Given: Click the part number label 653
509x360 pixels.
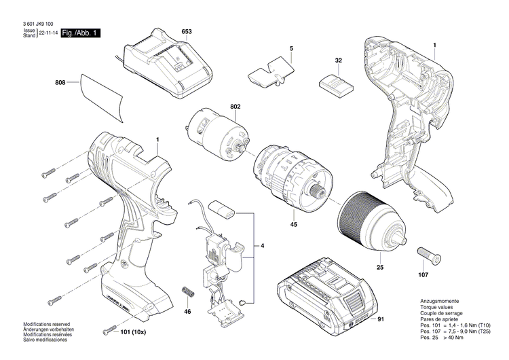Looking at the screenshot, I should pyautogui.click(x=187, y=32).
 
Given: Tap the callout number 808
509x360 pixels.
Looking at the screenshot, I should pyautogui.click(x=60, y=83).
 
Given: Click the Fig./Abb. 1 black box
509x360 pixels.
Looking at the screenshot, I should pyautogui.click(x=80, y=33).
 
